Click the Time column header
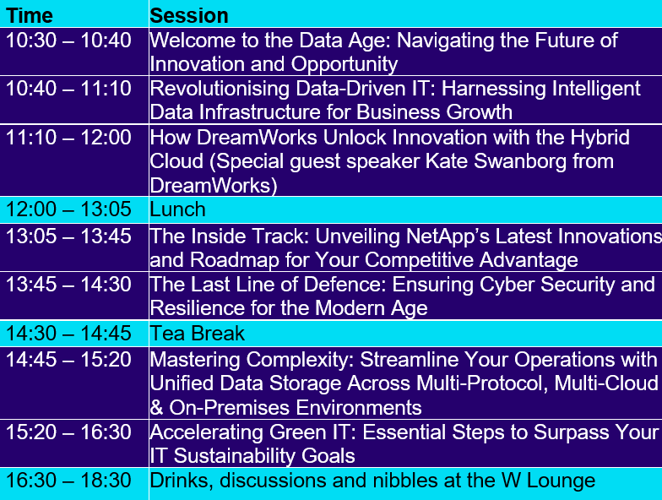[29, 16]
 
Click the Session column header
[189, 16]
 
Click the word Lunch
[177, 209]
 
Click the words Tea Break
[198, 334]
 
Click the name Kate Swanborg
[496, 161]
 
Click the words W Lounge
[549, 481]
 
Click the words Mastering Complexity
[252, 360]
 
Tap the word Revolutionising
[220, 89]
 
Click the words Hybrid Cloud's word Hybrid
[600, 138]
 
